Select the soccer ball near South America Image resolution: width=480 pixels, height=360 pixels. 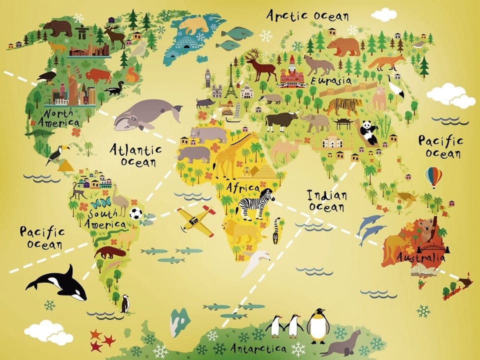click(x=135, y=214)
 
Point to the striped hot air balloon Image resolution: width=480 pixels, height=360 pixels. click(x=433, y=176)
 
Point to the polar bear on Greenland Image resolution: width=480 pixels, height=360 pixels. click(x=194, y=25)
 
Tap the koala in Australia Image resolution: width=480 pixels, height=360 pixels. click(x=426, y=229)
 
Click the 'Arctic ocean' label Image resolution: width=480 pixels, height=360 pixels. click(x=307, y=15)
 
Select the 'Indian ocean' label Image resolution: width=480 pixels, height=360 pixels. click(x=326, y=200)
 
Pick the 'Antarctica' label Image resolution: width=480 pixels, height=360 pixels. click(x=258, y=348)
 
